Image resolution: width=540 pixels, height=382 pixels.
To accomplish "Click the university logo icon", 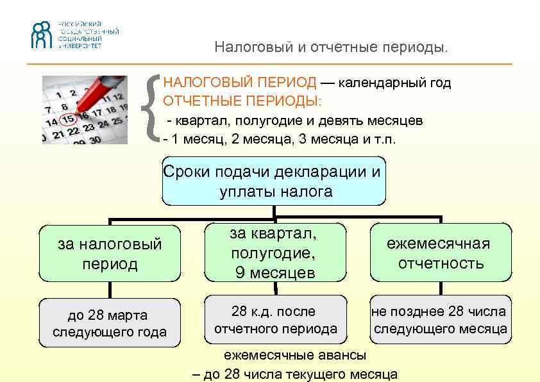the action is click(43, 35).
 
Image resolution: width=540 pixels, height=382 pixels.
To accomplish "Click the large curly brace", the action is click(153, 107).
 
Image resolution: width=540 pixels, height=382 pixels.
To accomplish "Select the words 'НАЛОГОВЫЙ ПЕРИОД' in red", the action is click(240, 83).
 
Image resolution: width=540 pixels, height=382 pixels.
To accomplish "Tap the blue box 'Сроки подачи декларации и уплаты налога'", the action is click(274, 181).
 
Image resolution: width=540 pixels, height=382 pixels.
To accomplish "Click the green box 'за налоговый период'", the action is click(110, 254).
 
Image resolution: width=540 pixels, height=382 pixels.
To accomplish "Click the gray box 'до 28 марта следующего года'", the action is click(110, 324).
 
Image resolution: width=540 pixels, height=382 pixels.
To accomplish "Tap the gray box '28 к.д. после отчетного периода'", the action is click(274, 320).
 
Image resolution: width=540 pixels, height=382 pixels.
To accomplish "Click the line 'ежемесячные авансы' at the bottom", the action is click(295, 355).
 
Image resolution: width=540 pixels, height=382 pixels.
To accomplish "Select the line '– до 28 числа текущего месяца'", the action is click(295, 374).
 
